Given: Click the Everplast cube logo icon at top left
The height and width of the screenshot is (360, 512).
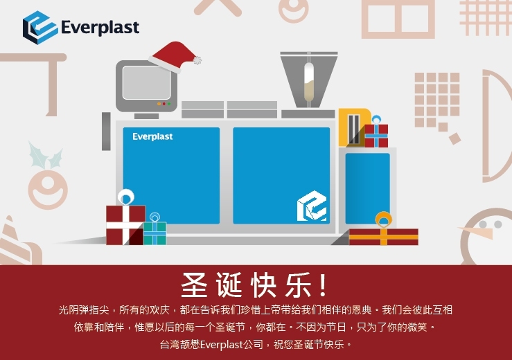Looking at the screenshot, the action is (x=40, y=28).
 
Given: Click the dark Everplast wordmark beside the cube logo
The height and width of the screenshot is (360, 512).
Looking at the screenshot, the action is (x=100, y=28).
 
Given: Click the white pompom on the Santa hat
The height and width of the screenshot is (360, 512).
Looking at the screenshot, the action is (x=197, y=60).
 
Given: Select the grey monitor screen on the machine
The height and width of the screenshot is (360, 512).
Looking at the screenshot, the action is (x=147, y=82).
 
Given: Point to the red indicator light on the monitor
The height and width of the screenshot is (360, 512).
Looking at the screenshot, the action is (x=164, y=104).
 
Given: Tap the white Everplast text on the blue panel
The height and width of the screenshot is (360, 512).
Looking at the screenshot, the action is (x=152, y=136).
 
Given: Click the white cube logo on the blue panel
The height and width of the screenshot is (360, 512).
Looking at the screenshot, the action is (x=312, y=206).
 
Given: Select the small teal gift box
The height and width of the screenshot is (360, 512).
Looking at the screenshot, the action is (x=155, y=229).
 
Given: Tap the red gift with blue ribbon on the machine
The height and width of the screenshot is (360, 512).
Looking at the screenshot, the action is (x=376, y=133).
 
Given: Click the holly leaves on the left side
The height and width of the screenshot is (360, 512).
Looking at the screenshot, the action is (x=46, y=155).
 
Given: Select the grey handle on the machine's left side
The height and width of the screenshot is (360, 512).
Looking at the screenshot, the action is (x=106, y=132).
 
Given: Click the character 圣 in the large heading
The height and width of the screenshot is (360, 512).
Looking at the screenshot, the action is (x=194, y=285).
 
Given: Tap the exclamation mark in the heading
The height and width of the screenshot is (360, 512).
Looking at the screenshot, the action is (x=323, y=285).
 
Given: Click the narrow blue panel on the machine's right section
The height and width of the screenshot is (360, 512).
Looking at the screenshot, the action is (x=368, y=188).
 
